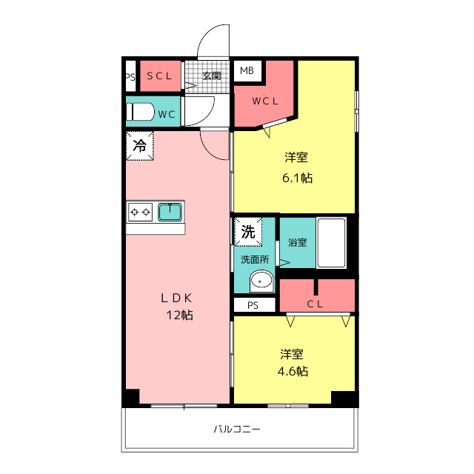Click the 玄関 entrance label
click(212, 76)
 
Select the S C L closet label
click(158, 76)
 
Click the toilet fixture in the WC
click(141, 113)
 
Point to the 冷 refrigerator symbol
click(139, 145)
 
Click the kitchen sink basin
click(170, 212)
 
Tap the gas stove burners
click(141, 213)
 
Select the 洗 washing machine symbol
click(247, 231)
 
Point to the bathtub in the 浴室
click(331, 243)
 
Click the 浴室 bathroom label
click(297, 241)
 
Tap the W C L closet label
click(264, 101)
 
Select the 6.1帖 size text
click(296, 178)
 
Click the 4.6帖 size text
click(293, 372)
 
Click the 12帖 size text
click(180, 316)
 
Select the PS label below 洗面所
click(253, 304)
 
